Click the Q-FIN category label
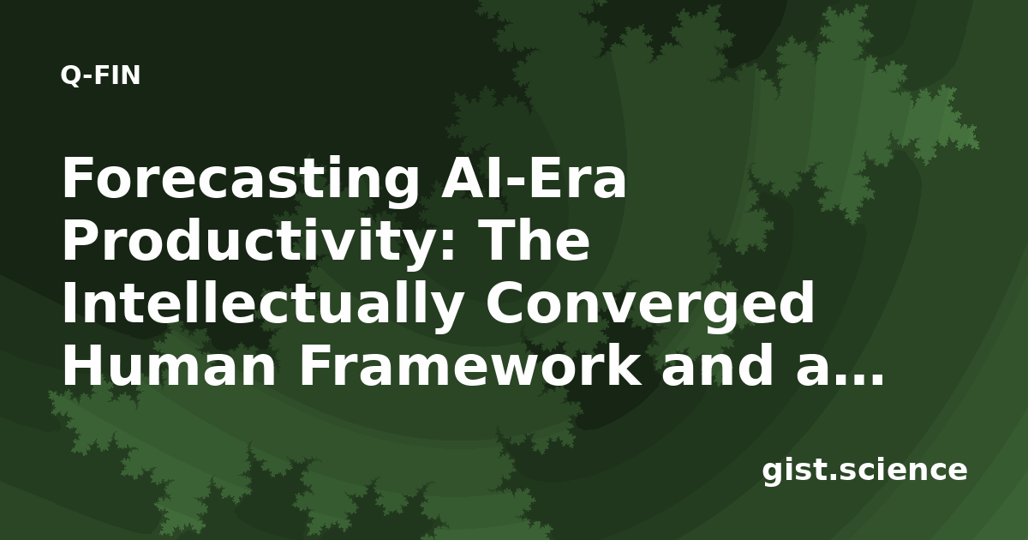(100, 75)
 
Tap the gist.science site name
(864, 471)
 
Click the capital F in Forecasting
(77, 177)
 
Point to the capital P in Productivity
(80, 241)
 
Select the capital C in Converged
(505, 303)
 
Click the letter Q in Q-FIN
(70, 76)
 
